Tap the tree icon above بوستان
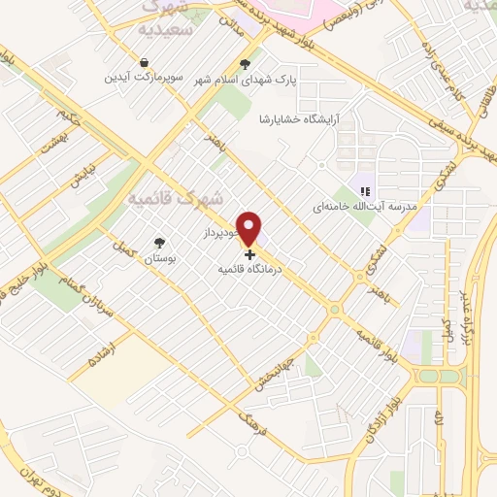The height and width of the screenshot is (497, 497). [159, 243]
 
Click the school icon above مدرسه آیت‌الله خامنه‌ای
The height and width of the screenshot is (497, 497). [365, 193]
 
